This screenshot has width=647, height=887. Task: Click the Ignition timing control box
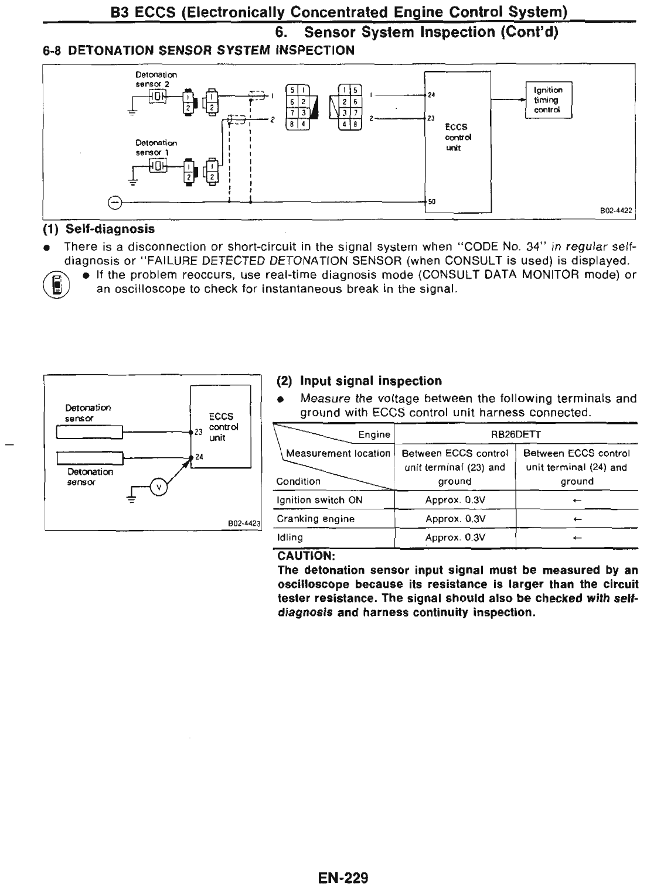click(x=548, y=100)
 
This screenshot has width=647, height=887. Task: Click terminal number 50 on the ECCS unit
click(x=432, y=201)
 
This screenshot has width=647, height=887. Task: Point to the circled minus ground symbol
click(x=115, y=202)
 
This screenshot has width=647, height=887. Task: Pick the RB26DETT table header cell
click(x=516, y=434)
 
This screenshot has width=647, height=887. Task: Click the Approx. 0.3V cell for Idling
click(x=455, y=537)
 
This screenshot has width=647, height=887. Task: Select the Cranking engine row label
click(x=316, y=519)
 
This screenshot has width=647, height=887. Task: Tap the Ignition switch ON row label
click(x=319, y=500)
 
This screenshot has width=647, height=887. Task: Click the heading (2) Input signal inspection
click(x=359, y=381)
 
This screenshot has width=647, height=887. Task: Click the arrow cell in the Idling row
click(x=577, y=537)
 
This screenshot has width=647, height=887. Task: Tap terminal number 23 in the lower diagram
click(x=198, y=432)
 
